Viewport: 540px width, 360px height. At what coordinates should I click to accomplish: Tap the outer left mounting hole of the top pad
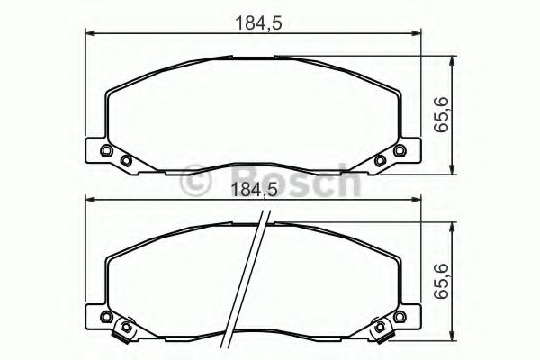point(106,149)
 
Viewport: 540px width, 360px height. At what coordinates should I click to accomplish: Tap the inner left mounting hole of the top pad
point(126,161)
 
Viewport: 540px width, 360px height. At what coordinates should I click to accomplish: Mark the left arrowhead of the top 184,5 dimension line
point(88,34)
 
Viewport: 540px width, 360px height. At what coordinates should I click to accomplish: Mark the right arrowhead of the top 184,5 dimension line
point(419,34)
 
